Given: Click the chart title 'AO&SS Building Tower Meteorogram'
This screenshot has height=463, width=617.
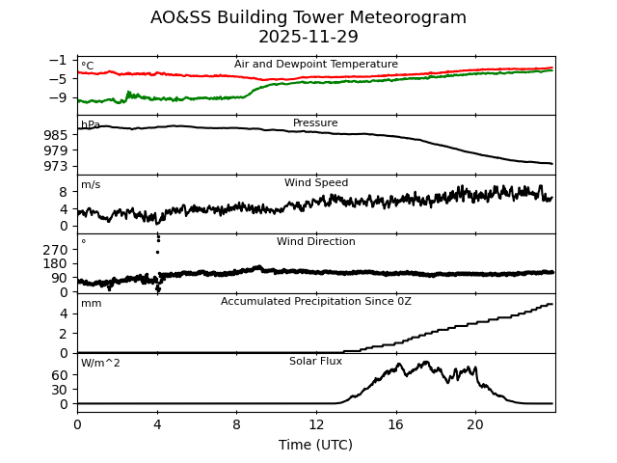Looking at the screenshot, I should pyautogui.click(x=308, y=18).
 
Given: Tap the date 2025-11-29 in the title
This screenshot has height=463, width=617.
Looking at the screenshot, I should pyautogui.click(x=308, y=38).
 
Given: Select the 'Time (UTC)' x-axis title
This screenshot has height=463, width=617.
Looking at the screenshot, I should pyautogui.click(x=315, y=445).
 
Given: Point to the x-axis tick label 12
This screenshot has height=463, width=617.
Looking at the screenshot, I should pyautogui.click(x=316, y=424).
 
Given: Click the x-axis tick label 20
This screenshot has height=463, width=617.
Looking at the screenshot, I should pyautogui.click(x=475, y=424).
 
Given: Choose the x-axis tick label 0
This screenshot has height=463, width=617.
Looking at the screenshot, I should pyautogui.click(x=77, y=424).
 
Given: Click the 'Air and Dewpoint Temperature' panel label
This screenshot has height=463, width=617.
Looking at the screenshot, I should pyautogui.click(x=316, y=65).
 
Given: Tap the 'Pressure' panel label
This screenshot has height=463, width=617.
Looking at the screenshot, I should pyautogui.click(x=315, y=123).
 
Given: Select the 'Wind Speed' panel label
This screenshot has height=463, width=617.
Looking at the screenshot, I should pyautogui.click(x=316, y=183).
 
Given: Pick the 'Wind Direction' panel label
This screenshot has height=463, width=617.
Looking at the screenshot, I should pyautogui.click(x=316, y=242).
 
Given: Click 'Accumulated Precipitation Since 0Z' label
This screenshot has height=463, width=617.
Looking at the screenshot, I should pyautogui.click(x=316, y=302).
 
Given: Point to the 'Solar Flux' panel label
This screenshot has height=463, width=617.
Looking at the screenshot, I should pyautogui.click(x=316, y=362).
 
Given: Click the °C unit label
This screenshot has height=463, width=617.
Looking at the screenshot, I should pyautogui.click(x=88, y=67).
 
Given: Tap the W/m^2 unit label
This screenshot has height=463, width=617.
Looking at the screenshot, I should pyautogui.click(x=100, y=364).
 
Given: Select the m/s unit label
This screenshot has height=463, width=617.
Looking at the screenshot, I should pyautogui.click(x=91, y=185).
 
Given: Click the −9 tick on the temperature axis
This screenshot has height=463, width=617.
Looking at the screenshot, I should pyautogui.click(x=57, y=97).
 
